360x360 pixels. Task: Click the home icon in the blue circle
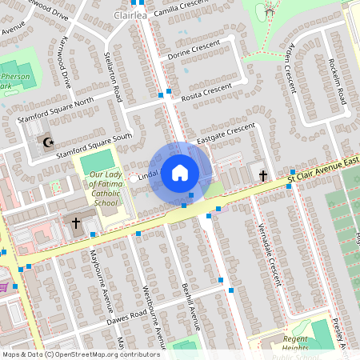point(180,172)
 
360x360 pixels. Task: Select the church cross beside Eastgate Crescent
point(263,174)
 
